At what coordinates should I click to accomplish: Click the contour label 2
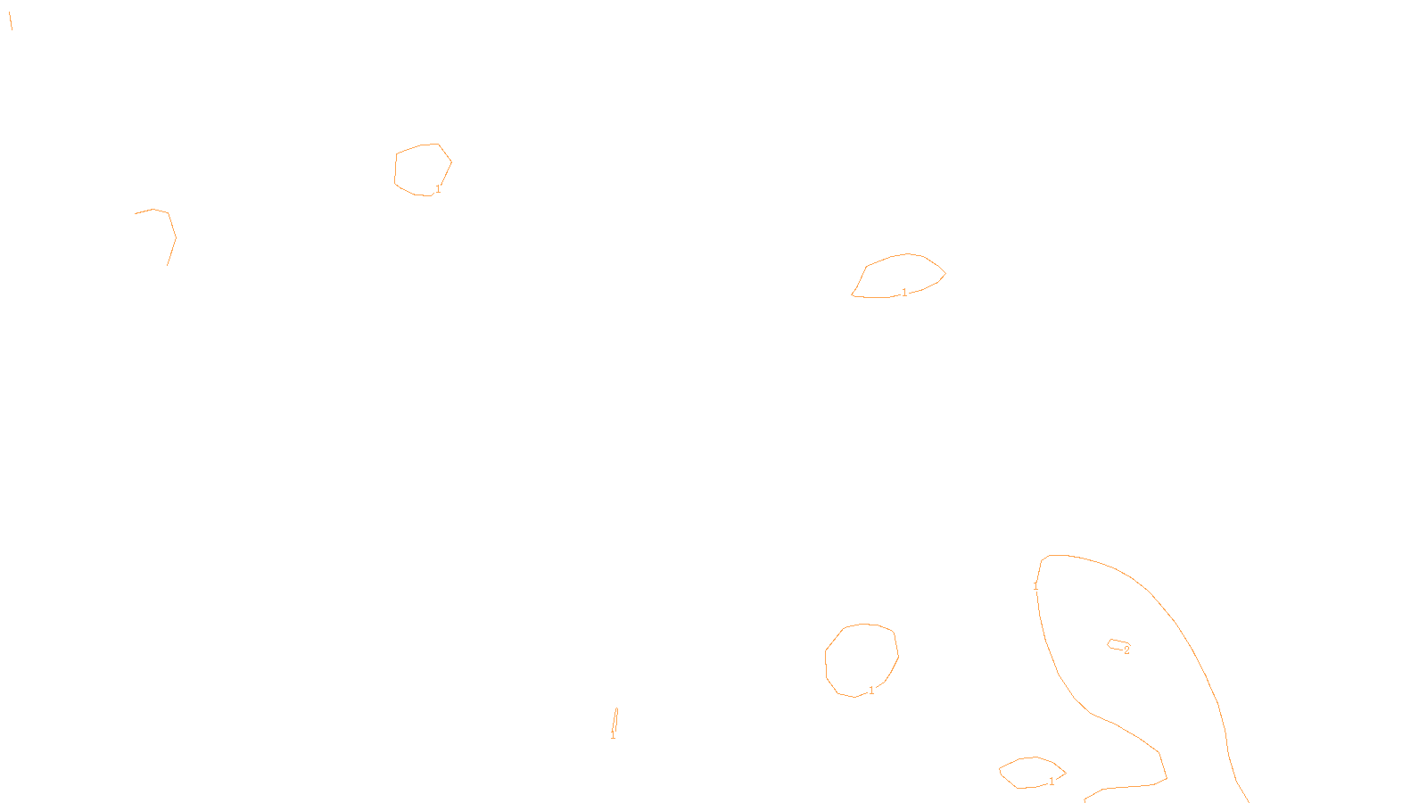tap(1126, 650)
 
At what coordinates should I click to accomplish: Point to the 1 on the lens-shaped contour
tap(904, 293)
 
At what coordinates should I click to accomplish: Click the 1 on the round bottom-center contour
tap(871, 691)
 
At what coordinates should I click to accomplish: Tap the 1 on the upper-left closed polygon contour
tap(438, 189)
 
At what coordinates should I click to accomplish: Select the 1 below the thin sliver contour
tap(613, 735)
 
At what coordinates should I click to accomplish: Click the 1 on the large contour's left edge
tap(1035, 586)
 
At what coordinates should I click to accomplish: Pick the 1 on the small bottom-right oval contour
tap(1052, 782)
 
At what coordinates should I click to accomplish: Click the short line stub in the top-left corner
tap(10, 21)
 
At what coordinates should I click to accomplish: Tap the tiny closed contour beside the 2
tap(1116, 644)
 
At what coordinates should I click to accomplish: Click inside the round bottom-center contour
tap(861, 660)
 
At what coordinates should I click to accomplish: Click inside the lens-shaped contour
tap(899, 276)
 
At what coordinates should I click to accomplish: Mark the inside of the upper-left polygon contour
tap(422, 169)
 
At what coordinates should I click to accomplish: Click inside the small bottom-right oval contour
tap(1031, 773)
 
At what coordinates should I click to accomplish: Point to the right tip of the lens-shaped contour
tap(944, 273)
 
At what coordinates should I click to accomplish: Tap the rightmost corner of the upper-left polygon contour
tap(451, 162)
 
